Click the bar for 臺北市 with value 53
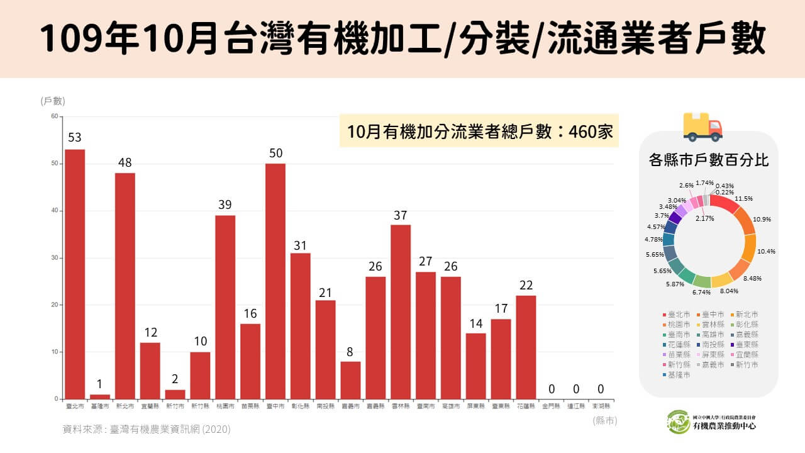75,274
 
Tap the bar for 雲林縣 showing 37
401,311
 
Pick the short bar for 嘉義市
350,380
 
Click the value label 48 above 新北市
125,163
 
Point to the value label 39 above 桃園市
225,205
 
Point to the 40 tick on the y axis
54,211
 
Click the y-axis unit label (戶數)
53,101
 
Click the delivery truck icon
702,127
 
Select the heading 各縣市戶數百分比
708,160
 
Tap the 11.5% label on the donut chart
744,199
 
